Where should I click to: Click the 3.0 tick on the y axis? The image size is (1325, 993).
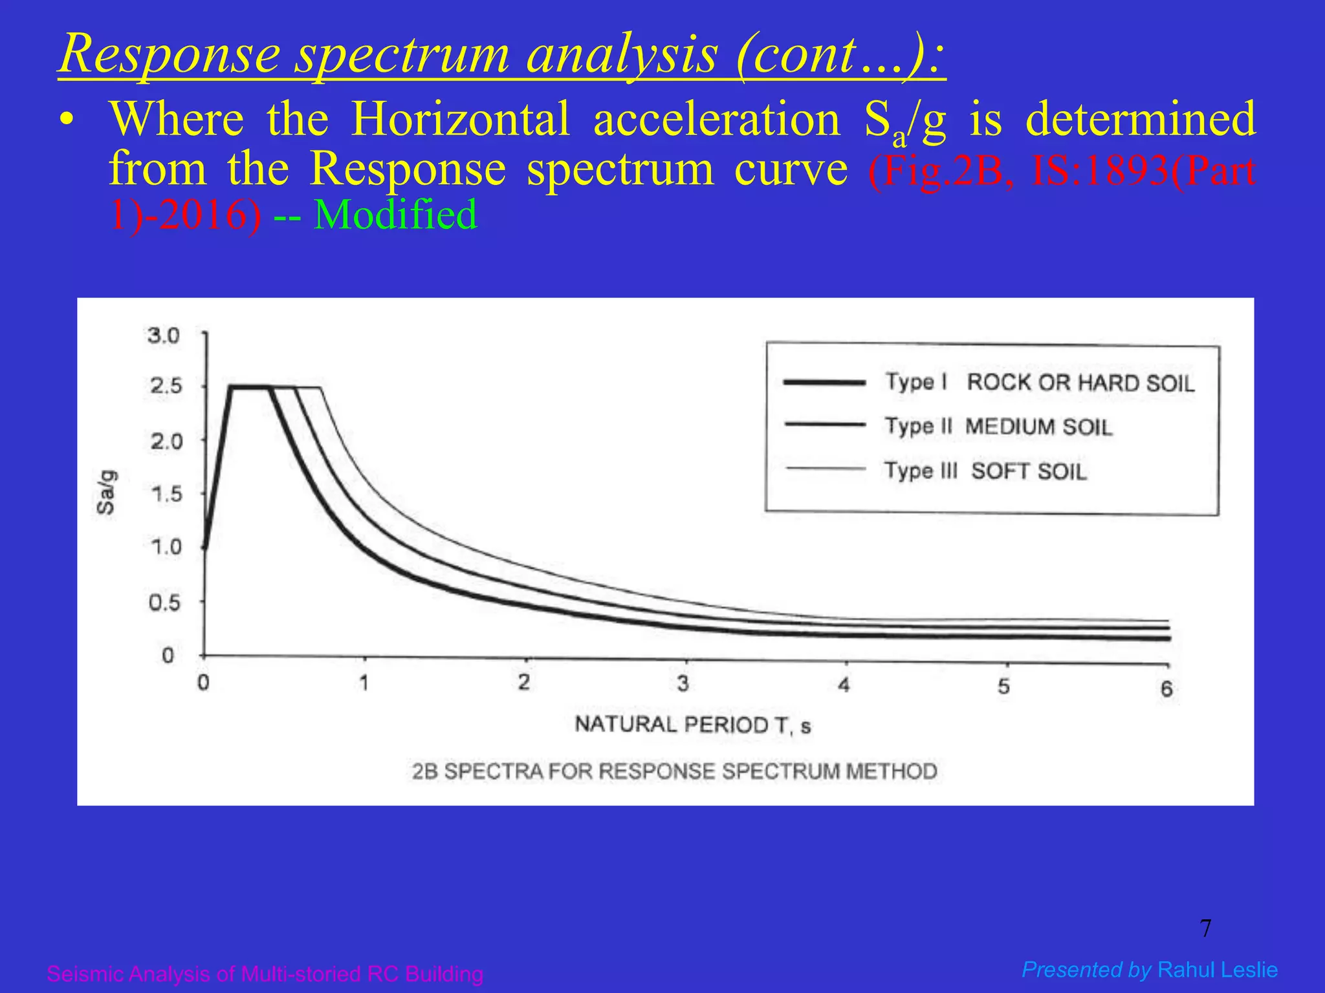pyautogui.click(x=163, y=336)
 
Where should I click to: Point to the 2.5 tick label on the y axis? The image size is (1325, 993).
pyautogui.click(x=166, y=387)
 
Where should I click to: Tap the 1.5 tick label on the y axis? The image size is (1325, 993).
pyautogui.click(x=166, y=495)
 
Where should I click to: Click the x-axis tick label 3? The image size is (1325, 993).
pyautogui.click(x=683, y=684)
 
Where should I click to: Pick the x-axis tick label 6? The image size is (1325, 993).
pyautogui.click(x=1166, y=689)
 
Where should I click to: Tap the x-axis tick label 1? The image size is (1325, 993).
pyautogui.click(x=364, y=683)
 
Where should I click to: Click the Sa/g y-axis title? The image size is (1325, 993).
pyautogui.click(x=107, y=493)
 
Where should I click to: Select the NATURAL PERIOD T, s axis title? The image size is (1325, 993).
pyautogui.click(x=693, y=725)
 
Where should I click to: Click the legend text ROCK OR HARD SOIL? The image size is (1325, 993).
pyautogui.click(x=1080, y=383)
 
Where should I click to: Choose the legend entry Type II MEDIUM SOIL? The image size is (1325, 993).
pyautogui.click(x=998, y=427)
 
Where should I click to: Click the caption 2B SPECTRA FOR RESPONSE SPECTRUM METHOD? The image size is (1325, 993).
pyautogui.click(x=675, y=771)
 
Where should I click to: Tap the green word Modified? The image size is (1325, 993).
pyautogui.click(x=395, y=215)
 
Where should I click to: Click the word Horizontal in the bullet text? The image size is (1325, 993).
pyautogui.click(x=460, y=120)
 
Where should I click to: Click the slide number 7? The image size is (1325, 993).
pyautogui.click(x=1205, y=929)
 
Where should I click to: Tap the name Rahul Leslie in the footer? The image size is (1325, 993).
pyautogui.click(x=1218, y=970)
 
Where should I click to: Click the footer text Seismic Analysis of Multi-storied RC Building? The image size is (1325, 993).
pyautogui.click(x=265, y=974)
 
